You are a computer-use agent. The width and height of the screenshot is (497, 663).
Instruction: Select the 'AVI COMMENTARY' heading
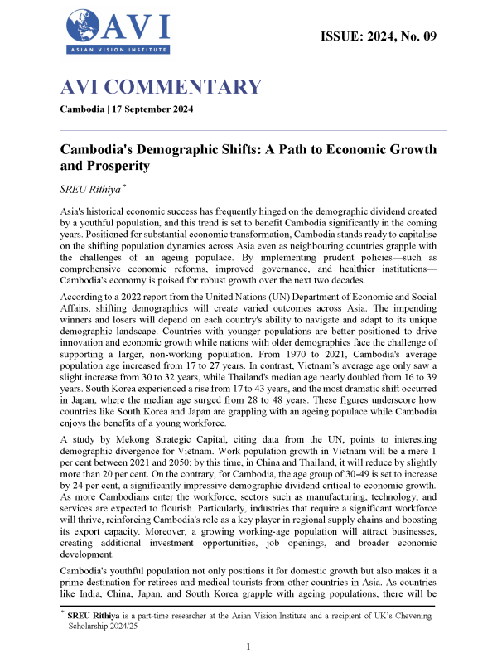[x=161, y=87]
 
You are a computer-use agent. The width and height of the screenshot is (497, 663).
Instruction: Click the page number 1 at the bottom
[x=249, y=646]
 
